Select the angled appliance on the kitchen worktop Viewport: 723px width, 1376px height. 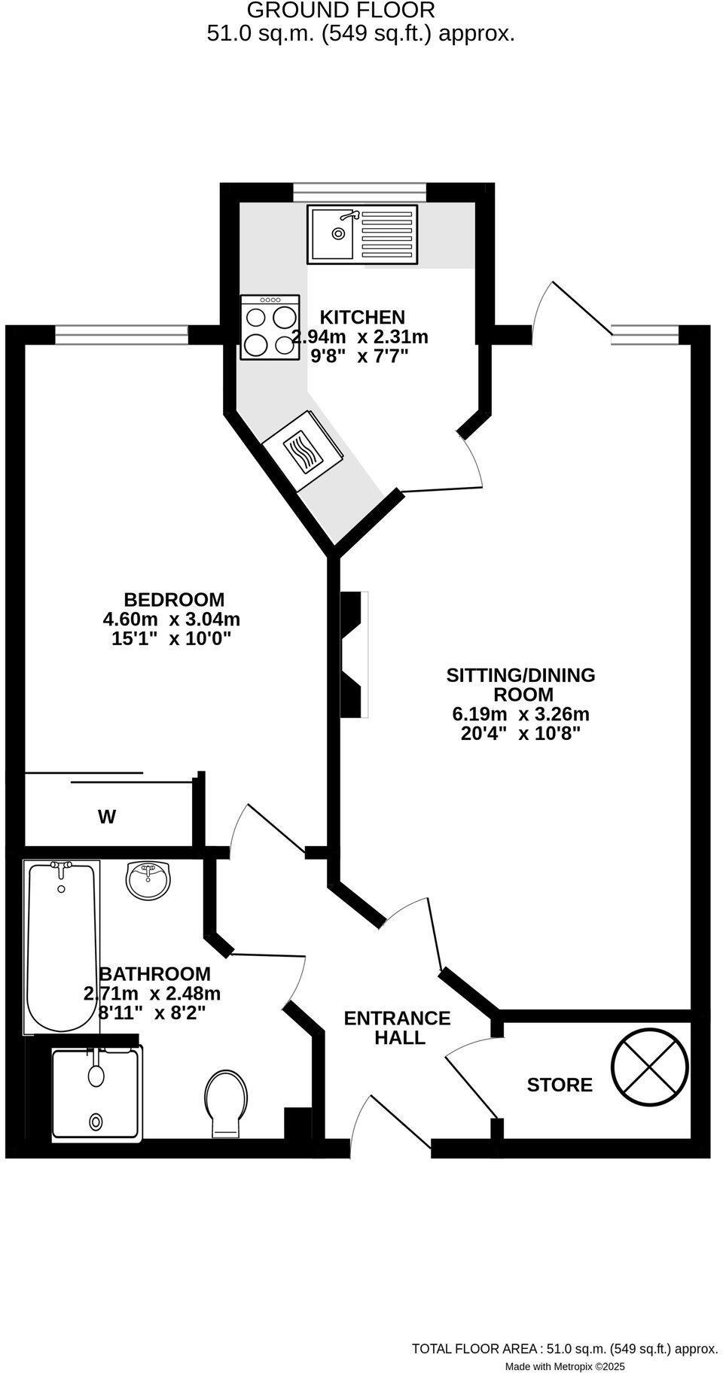tap(303, 451)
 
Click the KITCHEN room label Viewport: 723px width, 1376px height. tap(362, 318)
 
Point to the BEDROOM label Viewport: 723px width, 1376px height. tap(174, 600)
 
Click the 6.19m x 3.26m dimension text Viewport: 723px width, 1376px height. tap(520, 714)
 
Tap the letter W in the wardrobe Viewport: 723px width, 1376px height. tap(107, 817)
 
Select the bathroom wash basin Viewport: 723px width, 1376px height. tap(149, 880)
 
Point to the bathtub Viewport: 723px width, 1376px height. tap(61, 946)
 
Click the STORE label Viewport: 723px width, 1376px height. tap(560, 1085)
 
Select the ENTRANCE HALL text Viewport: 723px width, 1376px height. tap(397, 1027)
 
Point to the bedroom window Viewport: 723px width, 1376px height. tap(121, 334)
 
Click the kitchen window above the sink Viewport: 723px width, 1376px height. tap(358, 193)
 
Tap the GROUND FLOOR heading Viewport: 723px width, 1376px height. tap(340, 11)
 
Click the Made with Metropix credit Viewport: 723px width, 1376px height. tap(564, 1366)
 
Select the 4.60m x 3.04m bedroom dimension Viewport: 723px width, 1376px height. tap(171, 620)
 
